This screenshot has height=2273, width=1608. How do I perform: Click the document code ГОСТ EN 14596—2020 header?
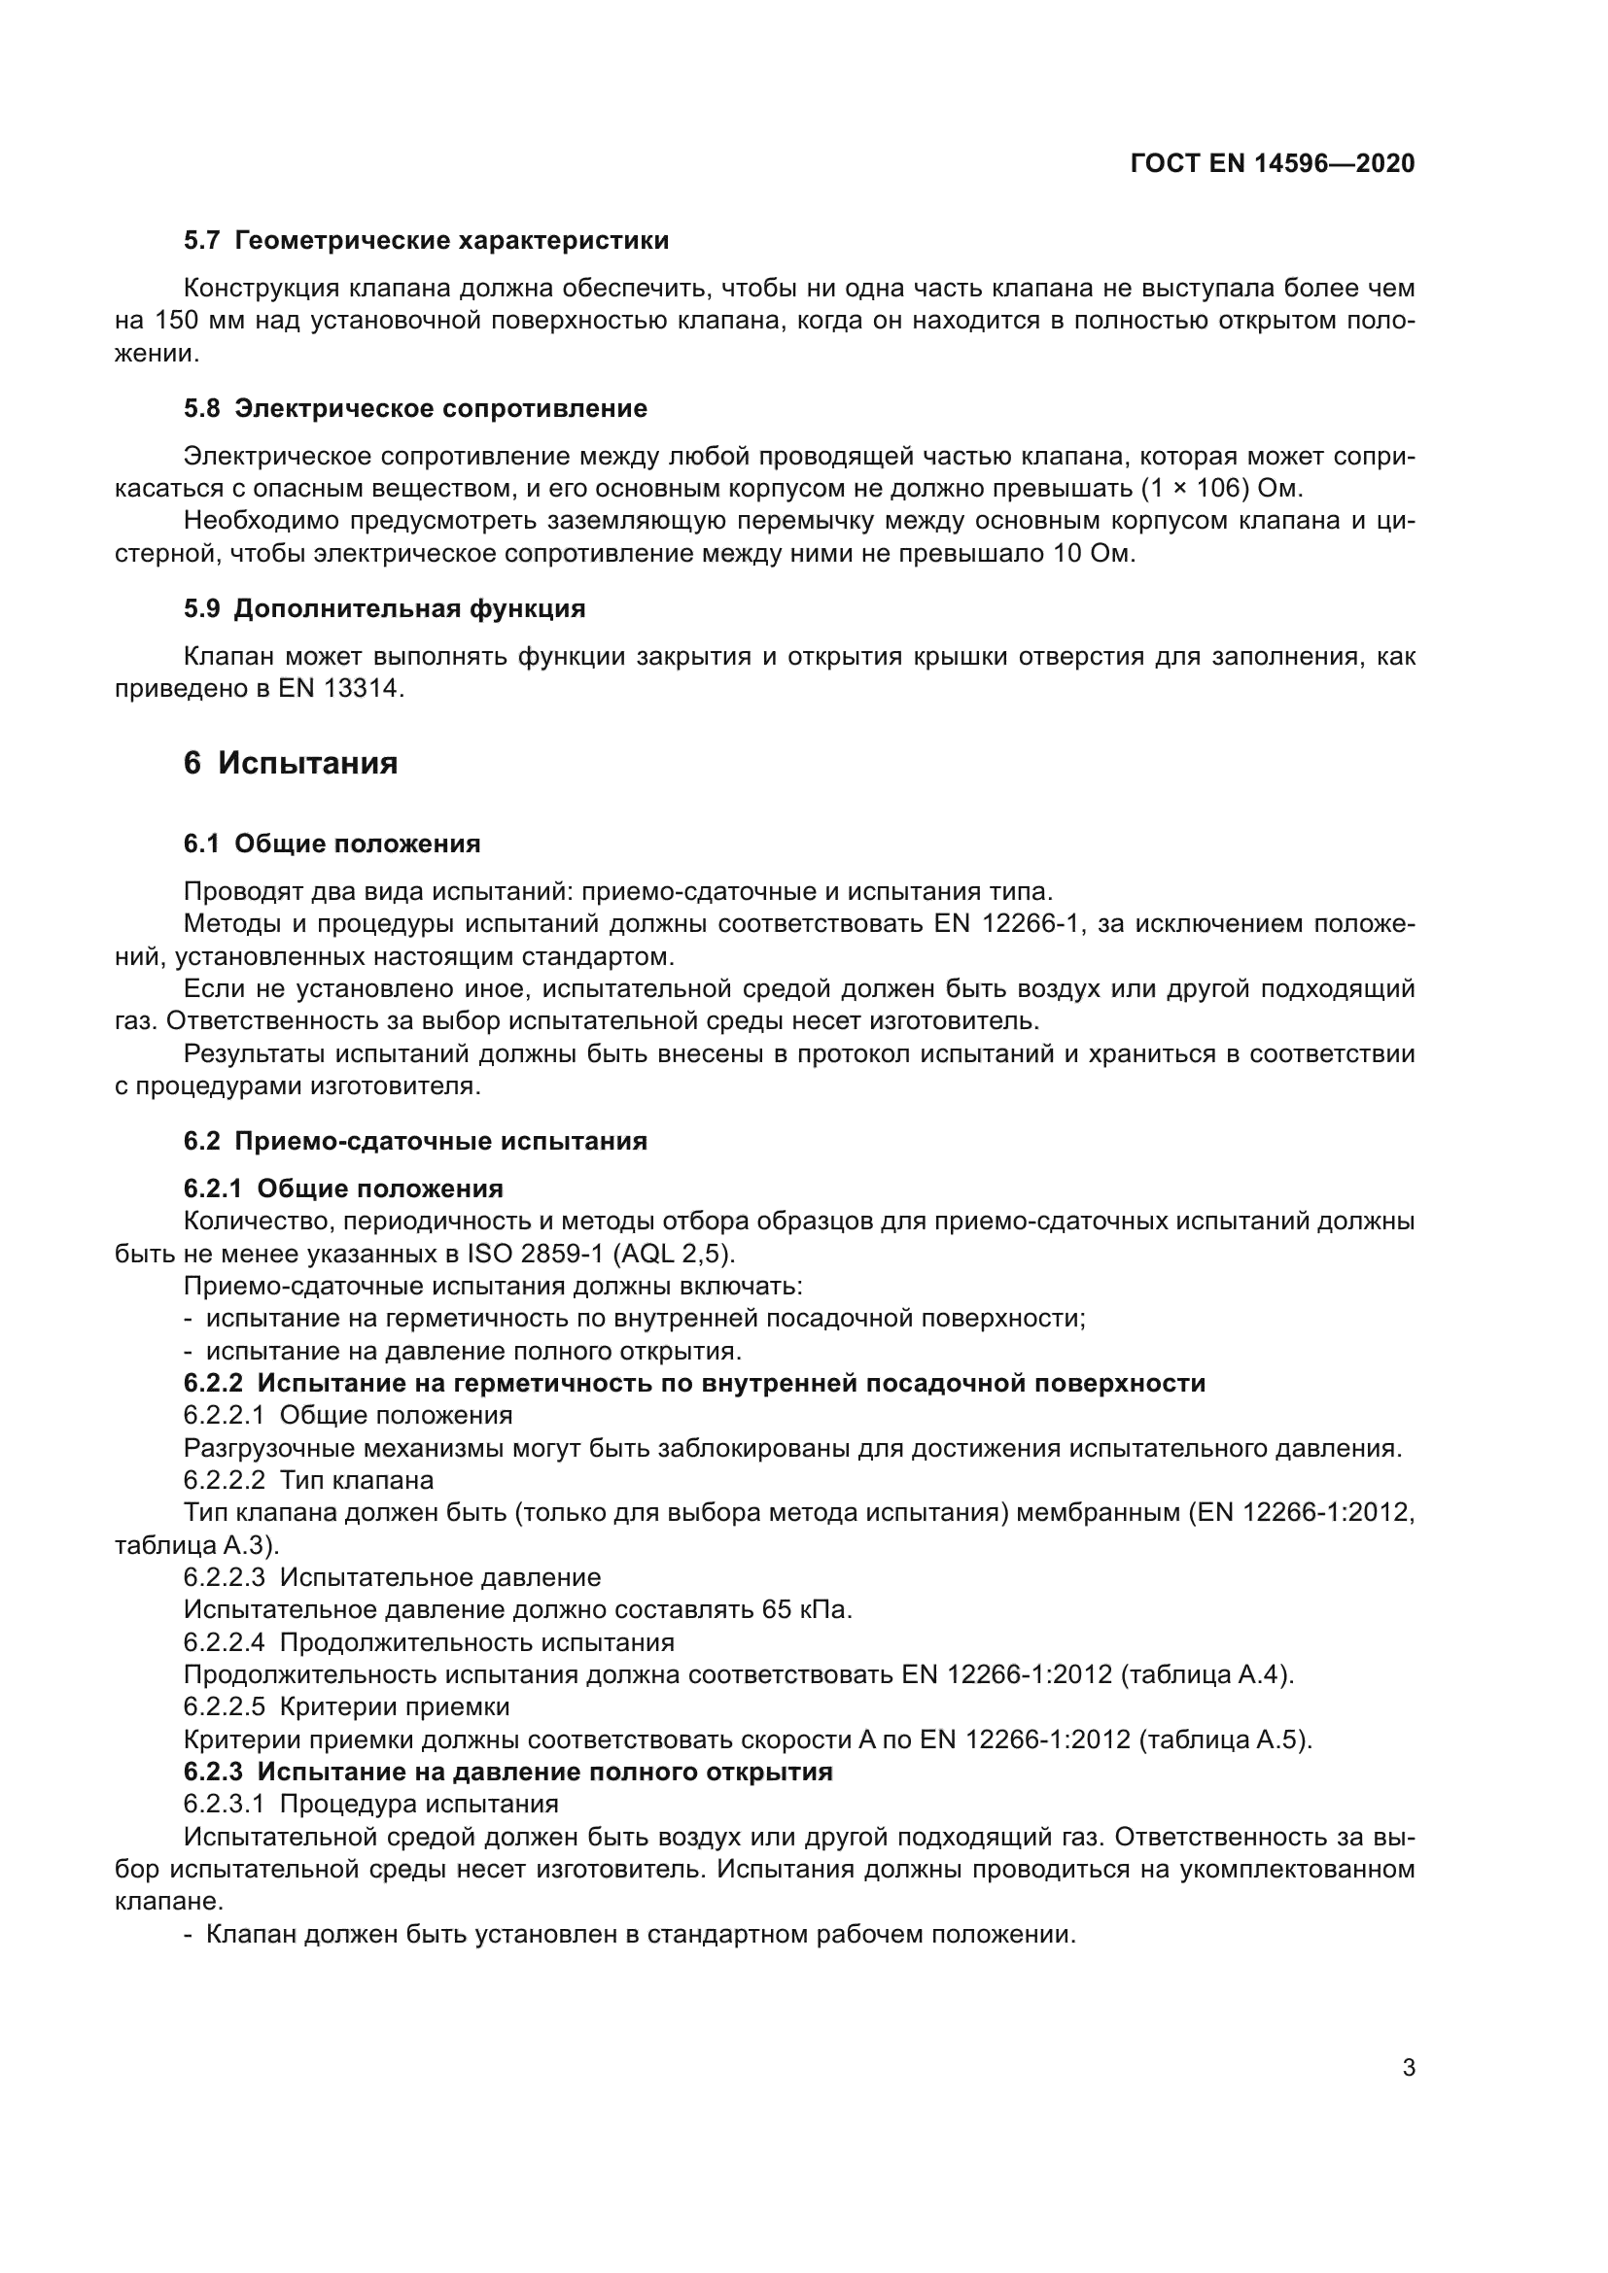pos(1272,164)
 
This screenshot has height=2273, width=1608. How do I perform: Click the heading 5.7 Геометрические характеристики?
pos(426,241)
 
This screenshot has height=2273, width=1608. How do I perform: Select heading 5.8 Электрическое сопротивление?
pos(415,409)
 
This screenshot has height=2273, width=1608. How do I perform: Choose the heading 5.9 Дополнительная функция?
pos(384,609)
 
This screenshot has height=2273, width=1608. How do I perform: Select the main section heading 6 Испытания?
pos(290,763)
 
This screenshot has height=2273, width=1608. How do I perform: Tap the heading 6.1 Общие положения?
pos(332,844)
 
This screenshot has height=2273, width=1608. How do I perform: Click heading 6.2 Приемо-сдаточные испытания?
pos(415,1142)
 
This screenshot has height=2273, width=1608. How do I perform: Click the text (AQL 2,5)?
pos(675,1255)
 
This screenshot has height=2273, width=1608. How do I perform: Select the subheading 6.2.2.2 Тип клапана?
pos(308,1480)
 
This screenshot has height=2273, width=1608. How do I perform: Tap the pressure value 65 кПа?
pos(806,1609)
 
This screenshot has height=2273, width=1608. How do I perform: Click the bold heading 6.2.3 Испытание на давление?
pos(507,1772)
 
